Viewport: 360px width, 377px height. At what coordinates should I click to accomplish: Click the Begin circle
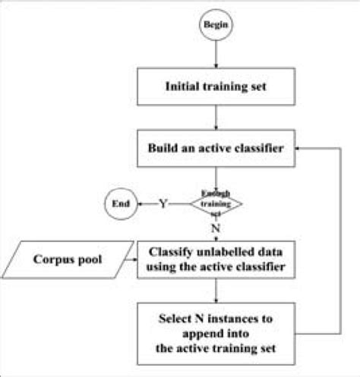click(217, 25)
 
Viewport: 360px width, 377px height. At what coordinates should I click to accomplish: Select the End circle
click(120, 204)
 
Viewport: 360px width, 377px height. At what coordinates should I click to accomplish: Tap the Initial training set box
click(217, 86)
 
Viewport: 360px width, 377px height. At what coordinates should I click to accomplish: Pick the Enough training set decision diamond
click(216, 203)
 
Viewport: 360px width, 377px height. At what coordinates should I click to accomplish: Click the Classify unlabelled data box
click(217, 259)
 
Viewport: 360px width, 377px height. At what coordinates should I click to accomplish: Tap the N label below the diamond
click(216, 228)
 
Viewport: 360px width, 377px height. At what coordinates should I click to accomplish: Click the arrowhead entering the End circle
click(138, 204)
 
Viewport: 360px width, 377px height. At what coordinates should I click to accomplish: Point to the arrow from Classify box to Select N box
click(217, 291)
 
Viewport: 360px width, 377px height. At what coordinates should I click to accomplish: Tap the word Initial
click(182, 86)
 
